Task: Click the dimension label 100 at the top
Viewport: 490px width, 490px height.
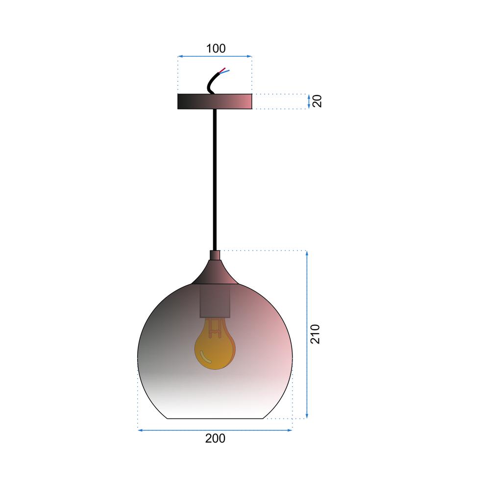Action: coord(216,49)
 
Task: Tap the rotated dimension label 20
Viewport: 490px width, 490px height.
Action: coord(317,101)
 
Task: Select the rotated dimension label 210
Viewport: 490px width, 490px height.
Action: coord(315,334)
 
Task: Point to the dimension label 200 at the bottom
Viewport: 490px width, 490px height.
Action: coord(215,439)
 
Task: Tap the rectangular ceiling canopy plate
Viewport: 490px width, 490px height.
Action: coord(215,101)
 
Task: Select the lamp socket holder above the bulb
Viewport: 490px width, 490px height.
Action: coord(215,301)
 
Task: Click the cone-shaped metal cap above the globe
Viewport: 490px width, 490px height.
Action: coord(215,272)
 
